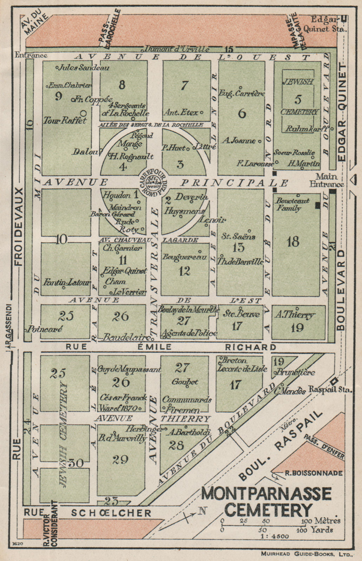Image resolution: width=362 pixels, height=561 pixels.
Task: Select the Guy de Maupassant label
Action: click(130, 369)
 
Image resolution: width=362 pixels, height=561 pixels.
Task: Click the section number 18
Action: click(293, 241)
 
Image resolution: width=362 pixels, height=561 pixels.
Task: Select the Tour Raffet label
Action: click(65, 120)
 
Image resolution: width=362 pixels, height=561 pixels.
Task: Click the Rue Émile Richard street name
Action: click(171, 347)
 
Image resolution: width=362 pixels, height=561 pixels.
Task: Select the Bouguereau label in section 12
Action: click(184, 257)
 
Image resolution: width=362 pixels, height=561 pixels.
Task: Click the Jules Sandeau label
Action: click(84, 68)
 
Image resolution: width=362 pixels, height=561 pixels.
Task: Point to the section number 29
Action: click(120, 459)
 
